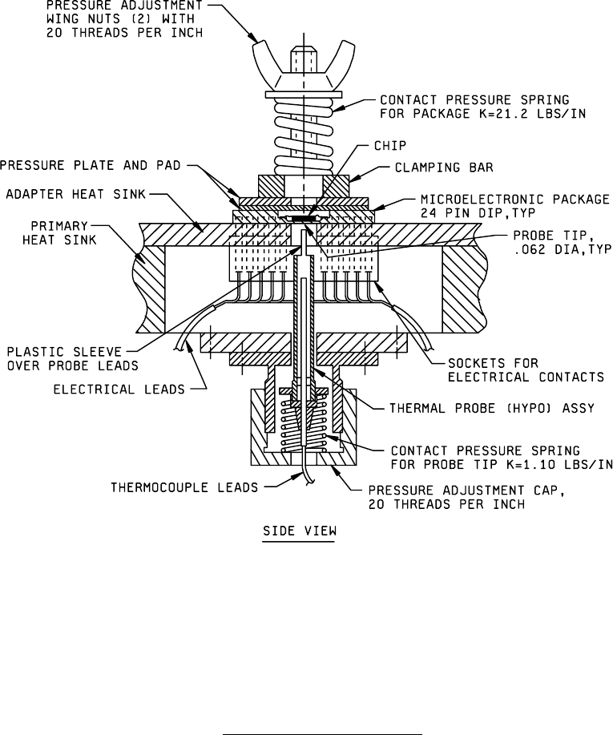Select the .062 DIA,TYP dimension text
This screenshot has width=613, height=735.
554,249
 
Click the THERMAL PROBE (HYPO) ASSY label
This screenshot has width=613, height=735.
491,408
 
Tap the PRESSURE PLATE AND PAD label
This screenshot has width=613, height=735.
90,167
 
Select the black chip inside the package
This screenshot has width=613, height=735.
301,217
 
